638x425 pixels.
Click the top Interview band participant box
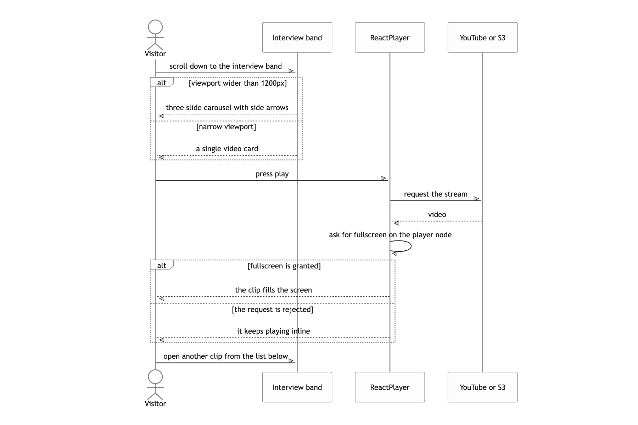point(297,38)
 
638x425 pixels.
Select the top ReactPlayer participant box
point(390,38)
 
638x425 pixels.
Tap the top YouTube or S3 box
point(482,38)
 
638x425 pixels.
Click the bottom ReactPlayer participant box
point(390,387)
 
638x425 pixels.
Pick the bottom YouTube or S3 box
point(482,387)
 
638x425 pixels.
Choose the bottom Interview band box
point(297,387)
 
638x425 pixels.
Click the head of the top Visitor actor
point(155,27)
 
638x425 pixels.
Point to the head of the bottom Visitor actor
point(155,377)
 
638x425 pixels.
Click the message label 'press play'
point(272,174)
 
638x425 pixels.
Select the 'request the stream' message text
point(436,194)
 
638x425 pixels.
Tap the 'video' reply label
point(437,215)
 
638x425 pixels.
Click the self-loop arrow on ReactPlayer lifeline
point(411,246)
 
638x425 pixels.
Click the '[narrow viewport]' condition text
point(226,127)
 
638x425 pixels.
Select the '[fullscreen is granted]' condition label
point(284,266)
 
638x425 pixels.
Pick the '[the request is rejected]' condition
point(273,310)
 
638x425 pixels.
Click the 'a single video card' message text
point(227,149)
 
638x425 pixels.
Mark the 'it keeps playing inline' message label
point(274,331)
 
